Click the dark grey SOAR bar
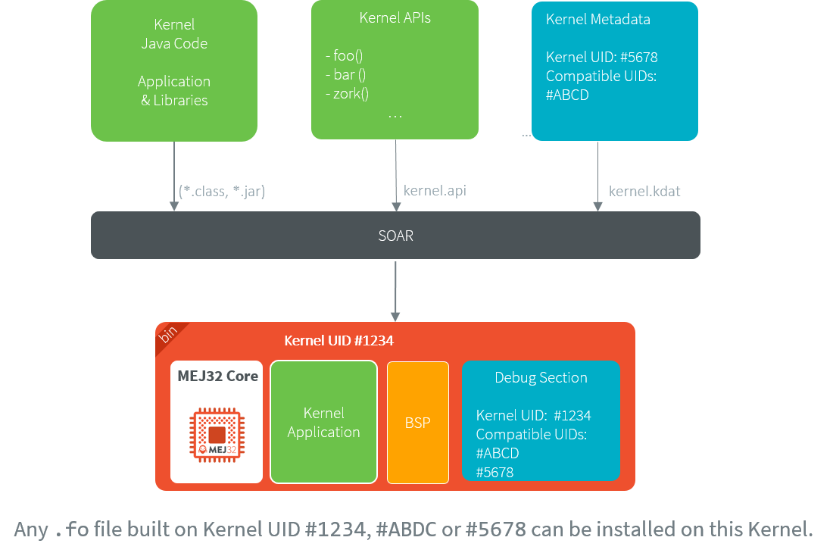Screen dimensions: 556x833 (x=395, y=236)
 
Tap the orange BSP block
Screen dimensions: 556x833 (x=417, y=423)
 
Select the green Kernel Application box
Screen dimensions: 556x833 (x=323, y=423)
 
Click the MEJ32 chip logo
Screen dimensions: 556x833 (x=217, y=434)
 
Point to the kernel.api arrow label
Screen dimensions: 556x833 (x=435, y=191)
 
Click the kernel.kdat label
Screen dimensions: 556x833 (x=644, y=192)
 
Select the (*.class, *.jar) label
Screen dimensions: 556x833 (x=222, y=192)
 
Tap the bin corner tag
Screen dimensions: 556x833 (x=169, y=334)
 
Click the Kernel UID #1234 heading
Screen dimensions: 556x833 (x=339, y=341)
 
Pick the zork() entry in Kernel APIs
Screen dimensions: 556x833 (x=348, y=94)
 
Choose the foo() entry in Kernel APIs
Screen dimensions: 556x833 (x=344, y=56)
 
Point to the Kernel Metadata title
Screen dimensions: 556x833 (x=597, y=20)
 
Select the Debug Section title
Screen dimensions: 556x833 (x=541, y=377)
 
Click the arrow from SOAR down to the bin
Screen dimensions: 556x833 (x=395, y=291)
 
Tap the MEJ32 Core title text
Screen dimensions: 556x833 (x=217, y=376)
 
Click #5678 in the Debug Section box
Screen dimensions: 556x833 (x=494, y=472)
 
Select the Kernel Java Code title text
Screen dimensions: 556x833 (x=174, y=34)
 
